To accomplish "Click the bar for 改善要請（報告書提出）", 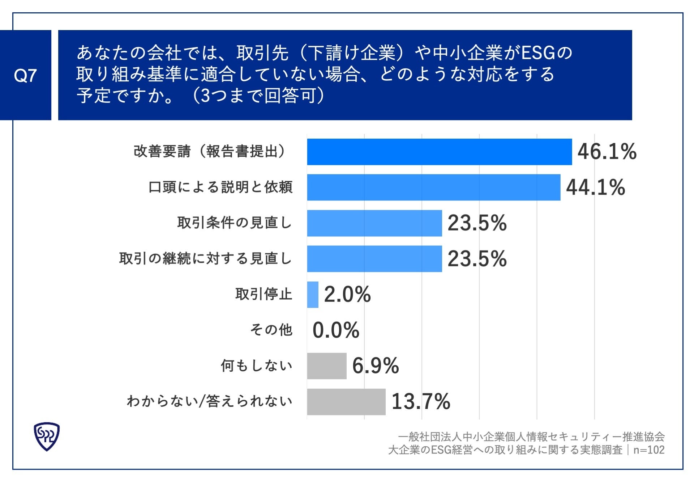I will pos(439,152).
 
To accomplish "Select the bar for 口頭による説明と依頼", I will pos(433,187).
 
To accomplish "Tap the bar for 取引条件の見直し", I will pos(374,223).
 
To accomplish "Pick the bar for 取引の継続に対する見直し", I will pos(374,258).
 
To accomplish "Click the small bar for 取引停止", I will pos(313,294).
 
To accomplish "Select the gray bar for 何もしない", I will pos(326,366).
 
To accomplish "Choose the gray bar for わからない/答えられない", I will pos(346,401).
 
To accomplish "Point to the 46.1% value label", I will pos(607,152).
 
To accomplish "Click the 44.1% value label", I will pos(595,187).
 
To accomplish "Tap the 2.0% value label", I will pos(347,294).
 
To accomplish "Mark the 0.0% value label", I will pos(335,330).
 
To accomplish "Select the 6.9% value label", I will pos(375,366).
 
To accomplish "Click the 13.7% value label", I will pos(420,401).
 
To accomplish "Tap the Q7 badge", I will pos(25,75).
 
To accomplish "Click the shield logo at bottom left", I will pos(47,436).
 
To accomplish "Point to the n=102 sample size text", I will pos(649,450).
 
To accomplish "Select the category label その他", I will pos(271,330).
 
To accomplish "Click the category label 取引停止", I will pos(264,294).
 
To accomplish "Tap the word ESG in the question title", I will pos(538,53).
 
